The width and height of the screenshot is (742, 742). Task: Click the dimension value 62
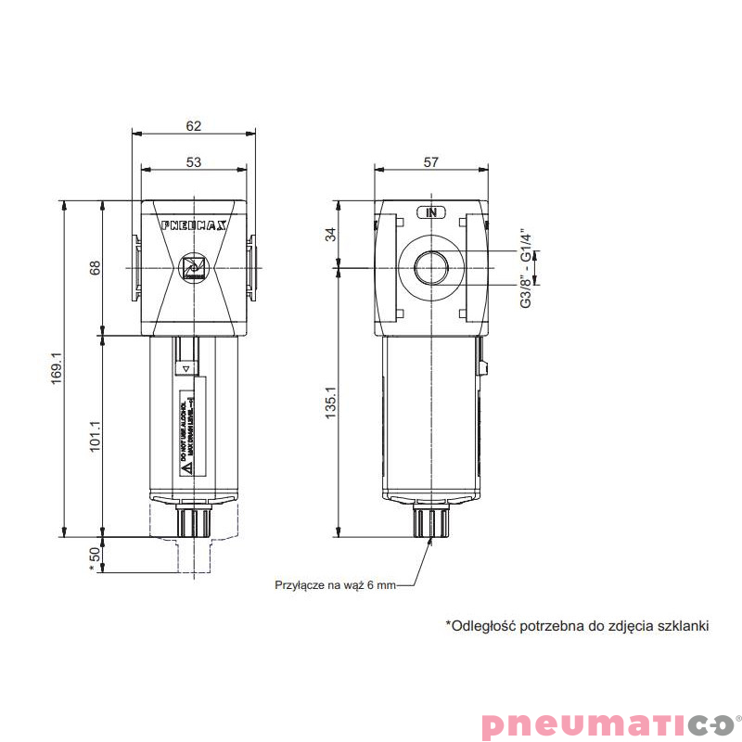point(193,126)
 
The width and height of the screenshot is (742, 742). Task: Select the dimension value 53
point(193,161)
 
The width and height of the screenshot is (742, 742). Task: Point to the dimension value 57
point(430,161)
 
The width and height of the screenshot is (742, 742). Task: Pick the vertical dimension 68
point(94,267)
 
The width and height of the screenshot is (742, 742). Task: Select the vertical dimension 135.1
point(330,403)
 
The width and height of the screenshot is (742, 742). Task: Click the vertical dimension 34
point(330,235)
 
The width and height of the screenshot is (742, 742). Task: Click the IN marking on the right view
point(430,211)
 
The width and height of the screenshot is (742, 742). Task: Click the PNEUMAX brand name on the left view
point(193,224)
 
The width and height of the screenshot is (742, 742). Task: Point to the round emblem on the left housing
point(194,267)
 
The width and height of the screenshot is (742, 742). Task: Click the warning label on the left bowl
point(186,434)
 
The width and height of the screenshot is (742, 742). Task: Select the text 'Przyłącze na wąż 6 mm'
point(335,585)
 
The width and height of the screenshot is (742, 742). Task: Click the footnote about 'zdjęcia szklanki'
point(577,626)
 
